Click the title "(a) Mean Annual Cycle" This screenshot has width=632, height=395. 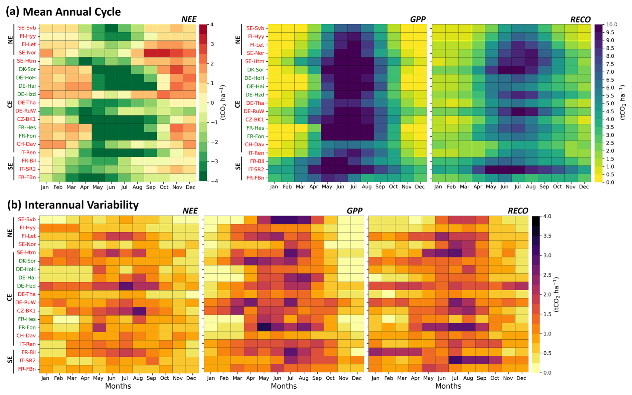(x=63, y=12)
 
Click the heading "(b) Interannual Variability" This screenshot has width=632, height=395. (x=73, y=205)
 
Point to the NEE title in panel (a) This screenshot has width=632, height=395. (x=189, y=19)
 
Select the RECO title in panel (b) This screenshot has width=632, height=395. (x=518, y=211)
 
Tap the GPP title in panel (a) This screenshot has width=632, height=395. (x=418, y=19)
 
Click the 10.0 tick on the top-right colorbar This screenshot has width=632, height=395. (x=612, y=25)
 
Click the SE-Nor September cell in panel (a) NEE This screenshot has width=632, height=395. (x=151, y=53)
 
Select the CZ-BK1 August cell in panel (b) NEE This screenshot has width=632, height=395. (x=138, y=311)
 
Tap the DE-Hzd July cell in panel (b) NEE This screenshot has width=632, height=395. (x=124, y=286)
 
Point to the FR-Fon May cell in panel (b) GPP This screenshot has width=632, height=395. (x=264, y=327)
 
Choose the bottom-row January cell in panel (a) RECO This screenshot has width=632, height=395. (x=438, y=178)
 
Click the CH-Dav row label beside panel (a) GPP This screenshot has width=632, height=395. (x=255, y=144)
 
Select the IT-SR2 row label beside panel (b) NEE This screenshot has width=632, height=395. (x=27, y=361)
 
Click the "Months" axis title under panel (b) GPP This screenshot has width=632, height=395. (x=284, y=386)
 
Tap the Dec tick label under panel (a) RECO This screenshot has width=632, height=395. (x=584, y=187)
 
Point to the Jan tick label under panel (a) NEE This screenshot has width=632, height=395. (x=45, y=187)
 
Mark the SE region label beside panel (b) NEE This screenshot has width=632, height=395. (x=10, y=360)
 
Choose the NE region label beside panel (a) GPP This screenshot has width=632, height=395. (x=238, y=40)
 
